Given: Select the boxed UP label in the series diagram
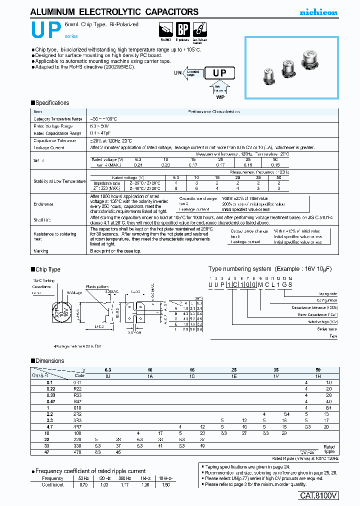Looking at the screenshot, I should click(x=220, y=73).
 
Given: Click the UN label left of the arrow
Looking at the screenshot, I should click(x=177, y=73).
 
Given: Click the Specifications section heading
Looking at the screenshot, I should click(x=52, y=103).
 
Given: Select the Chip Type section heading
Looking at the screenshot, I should click(x=48, y=269).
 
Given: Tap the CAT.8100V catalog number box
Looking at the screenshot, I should click(x=318, y=495).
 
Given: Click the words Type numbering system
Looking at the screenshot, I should click(x=239, y=269).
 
